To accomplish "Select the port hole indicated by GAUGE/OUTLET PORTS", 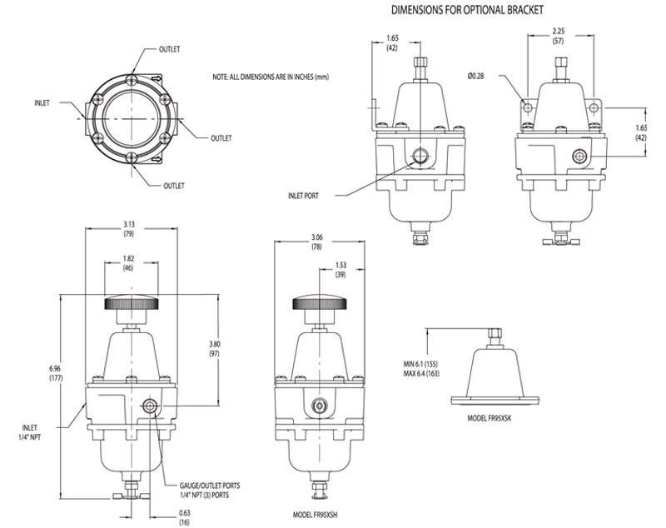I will [149, 405].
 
